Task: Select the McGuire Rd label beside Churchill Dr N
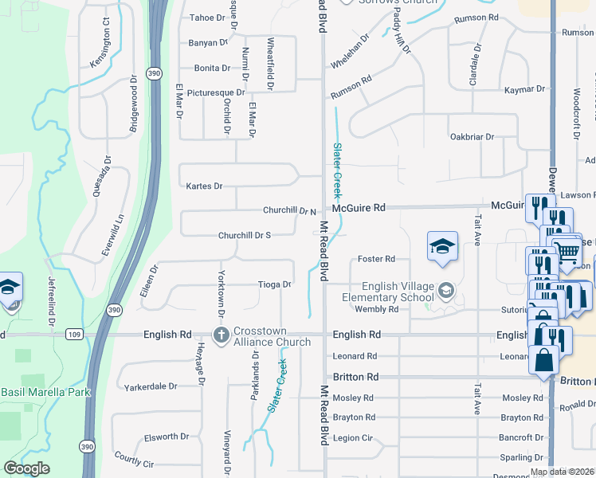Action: pos(359,207)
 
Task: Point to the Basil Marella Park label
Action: pos(45,392)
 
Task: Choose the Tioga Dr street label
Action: pos(274,284)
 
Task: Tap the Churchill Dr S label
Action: pos(245,236)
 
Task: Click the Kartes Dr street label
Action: pos(203,186)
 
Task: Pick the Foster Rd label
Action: pos(377,259)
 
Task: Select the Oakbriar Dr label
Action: pos(472,137)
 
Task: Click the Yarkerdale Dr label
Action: pos(151,387)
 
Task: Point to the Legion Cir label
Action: pos(354,438)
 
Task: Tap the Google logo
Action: pos(26,468)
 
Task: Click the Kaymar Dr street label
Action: pos(525,90)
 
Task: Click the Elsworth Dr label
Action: pos(167,437)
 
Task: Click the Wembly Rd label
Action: pos(376,309)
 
